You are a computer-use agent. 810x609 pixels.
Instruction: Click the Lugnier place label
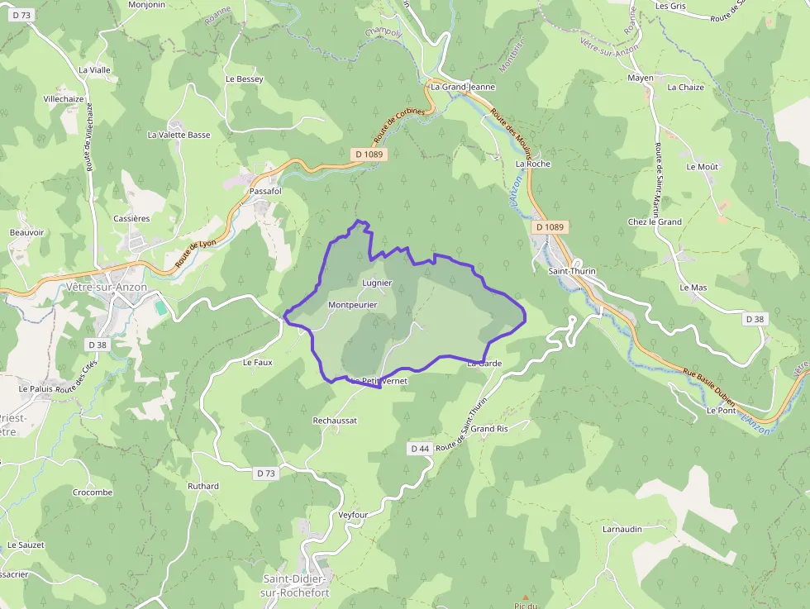376,283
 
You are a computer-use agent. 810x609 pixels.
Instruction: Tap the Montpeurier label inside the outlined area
352,305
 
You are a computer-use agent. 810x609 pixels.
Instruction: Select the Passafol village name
265,191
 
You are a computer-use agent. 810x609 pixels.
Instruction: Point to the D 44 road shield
420,448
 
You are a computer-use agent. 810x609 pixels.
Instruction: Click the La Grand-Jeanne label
463,86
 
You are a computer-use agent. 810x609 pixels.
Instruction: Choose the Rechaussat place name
335,421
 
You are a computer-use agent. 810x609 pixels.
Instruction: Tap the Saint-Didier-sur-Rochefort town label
295,585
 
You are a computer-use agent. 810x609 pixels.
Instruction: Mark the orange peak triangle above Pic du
524,597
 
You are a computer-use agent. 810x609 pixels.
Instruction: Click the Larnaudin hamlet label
622,529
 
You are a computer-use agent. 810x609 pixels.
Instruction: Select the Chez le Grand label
655,221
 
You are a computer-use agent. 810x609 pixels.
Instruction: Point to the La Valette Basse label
179,135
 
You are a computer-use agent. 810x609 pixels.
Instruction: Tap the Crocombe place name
92,492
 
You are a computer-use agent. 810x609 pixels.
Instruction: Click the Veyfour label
353,515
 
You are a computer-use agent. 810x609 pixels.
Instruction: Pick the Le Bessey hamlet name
244,79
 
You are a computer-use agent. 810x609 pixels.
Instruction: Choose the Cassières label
131,218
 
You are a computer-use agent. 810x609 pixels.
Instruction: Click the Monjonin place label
147,4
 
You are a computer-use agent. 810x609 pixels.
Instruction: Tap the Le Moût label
703,167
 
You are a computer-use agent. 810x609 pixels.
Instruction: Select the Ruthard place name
203,486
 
